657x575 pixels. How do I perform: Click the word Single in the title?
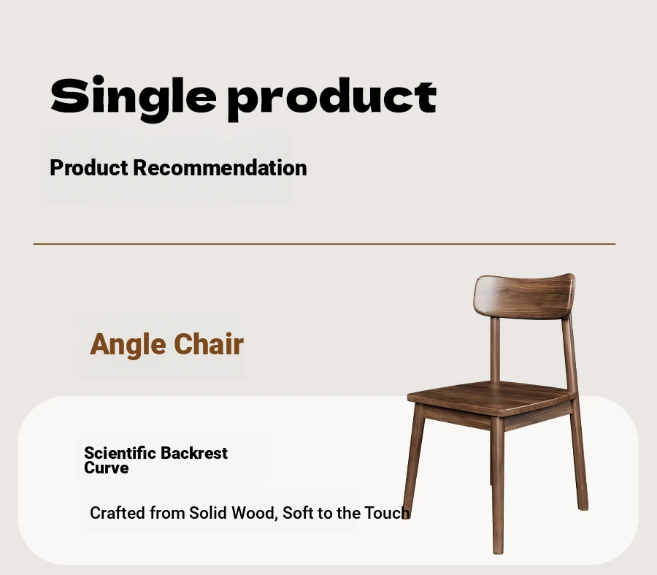click(134, 99)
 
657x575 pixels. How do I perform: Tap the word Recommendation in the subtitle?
click(220, 168)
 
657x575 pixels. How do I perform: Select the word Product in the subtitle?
click(89, 168)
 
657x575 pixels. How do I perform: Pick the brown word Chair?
click(209, 344)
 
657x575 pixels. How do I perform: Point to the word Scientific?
click(120, 453)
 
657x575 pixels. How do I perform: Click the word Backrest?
click(194, 453)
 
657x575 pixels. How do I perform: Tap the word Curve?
click(106, 468)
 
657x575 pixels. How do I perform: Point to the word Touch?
click(387, 513)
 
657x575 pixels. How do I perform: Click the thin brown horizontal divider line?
click(324, 243)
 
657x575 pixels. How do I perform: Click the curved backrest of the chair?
click(525, 296)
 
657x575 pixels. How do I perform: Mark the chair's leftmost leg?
click(414, 457)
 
